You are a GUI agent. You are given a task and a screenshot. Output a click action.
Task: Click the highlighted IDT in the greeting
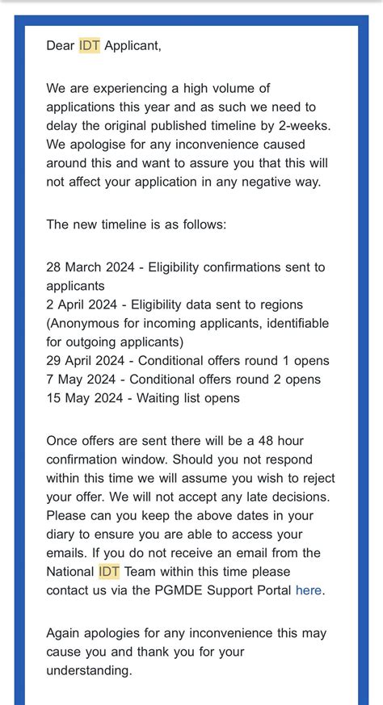pos(90,45)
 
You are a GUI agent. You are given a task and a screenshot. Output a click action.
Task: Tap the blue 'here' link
pos(309,590)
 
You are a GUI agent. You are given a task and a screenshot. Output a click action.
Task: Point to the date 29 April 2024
pos(85,360)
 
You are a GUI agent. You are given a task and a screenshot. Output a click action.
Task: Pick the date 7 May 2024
pos(78,380)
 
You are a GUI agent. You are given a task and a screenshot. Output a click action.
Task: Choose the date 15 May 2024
pos(82,398)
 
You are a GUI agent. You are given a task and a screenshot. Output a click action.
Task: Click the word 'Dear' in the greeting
pos(61,45)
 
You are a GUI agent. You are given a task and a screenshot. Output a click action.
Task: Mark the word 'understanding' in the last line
pos(89,670)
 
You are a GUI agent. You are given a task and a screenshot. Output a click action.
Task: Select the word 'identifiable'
pos(293,323)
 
